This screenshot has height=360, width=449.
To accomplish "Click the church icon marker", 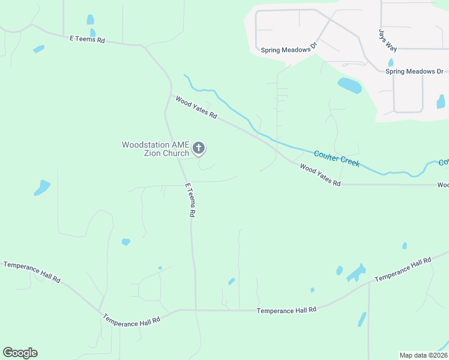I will [199, 148].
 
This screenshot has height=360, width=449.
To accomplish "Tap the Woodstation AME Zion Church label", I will [155, 149].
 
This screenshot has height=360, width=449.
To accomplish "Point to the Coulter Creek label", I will [337, 158].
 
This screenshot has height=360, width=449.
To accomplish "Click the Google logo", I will [20, 353].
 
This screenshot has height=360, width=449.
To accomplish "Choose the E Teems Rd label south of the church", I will [190, 200].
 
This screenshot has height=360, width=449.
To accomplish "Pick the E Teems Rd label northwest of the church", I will [87, 39].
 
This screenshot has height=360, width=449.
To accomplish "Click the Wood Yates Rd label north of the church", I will [196, 107].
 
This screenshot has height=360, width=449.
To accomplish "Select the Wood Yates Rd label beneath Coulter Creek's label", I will [320, 175].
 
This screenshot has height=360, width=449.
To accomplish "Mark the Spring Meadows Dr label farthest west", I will [289, 48].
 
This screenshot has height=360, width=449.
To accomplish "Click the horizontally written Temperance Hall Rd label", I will [286, 310].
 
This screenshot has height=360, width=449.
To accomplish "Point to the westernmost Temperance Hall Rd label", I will [32, 272].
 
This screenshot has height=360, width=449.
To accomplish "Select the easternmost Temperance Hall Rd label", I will [403, 270].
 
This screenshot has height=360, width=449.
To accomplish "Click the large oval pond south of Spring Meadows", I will [349, 86].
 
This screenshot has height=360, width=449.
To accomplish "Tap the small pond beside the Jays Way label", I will [391, 62].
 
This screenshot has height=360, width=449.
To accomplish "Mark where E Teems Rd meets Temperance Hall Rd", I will [196, 310].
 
